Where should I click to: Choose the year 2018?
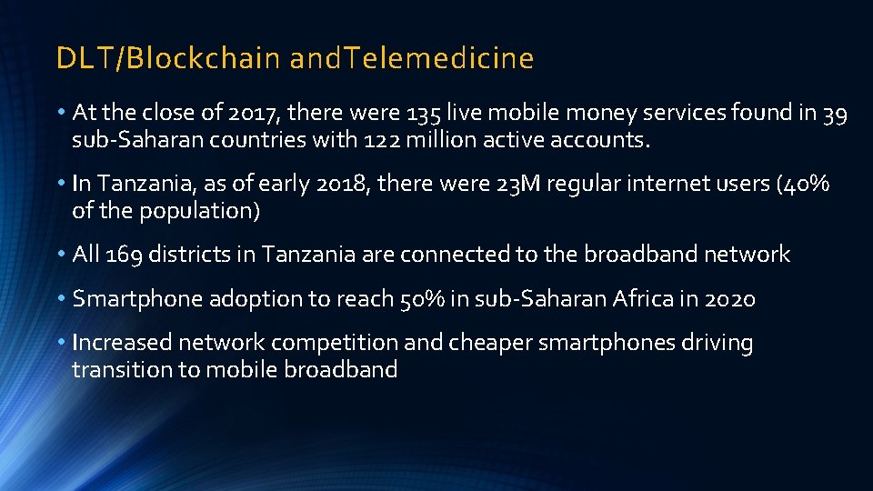pos(338,184)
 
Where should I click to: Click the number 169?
pos(124,255)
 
